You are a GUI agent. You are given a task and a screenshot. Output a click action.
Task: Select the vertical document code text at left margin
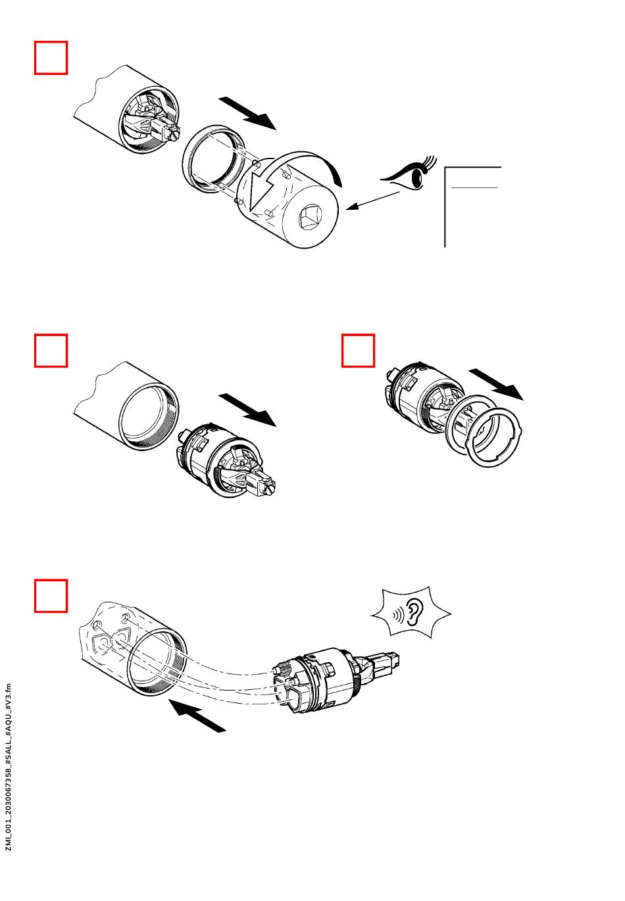[x=9, y=767]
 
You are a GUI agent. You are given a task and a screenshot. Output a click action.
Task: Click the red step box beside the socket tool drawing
[x=51, y=58]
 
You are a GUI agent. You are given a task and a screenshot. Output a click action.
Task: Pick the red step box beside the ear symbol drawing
[x=51, y=596]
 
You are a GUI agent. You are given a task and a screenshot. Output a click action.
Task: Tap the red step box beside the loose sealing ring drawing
[x=359, y=351]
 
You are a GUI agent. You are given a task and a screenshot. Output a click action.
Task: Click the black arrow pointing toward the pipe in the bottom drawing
[x=197, y=715]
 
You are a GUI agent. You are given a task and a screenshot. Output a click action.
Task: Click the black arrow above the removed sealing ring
[x=497, y=383]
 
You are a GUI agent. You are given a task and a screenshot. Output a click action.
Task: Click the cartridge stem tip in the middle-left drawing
[x=270, y=487]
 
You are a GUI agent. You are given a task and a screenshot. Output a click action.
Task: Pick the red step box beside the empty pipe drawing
[x=51, y=351]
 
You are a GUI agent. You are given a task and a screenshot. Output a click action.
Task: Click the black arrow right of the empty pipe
[x=247, y=409]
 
